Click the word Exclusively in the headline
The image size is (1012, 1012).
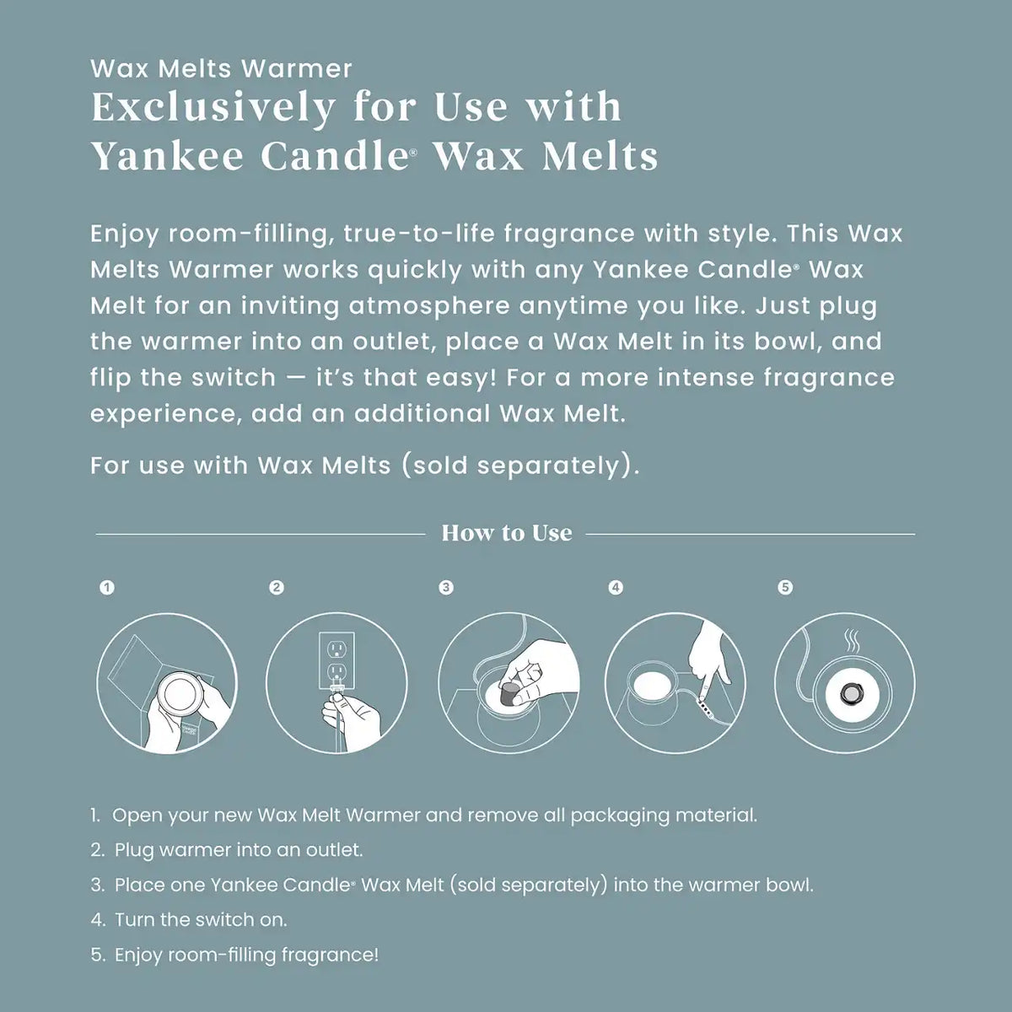tap(213, 109)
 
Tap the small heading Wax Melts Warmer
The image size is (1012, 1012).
tap(221, 69)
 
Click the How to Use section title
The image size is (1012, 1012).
tap(506, 533)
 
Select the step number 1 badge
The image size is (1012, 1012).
tap(107, 587)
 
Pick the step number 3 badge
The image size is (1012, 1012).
tap(446, 587)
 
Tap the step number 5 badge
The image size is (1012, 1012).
tap(785, 587)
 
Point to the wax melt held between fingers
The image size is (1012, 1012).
tap(509, 694)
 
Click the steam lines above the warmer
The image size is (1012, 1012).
tap(851, 642)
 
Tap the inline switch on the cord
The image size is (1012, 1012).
tap(705, 708)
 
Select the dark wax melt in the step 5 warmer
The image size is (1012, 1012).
tap(845, 697)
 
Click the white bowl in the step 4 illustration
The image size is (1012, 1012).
tap(652, 684)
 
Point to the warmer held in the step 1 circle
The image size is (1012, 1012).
tap(177, 692)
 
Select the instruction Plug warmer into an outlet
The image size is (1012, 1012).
tap(226, 850)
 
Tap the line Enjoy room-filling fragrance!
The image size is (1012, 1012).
tap(234, 955)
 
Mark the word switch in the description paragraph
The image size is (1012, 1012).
tap(233, 378)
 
